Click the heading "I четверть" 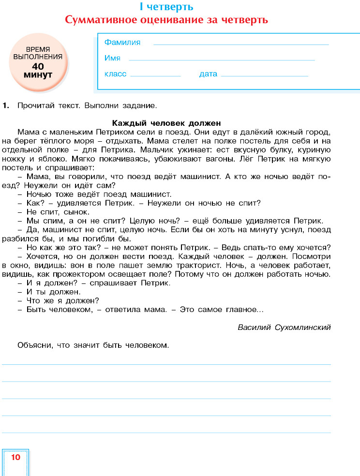pyautogui.click(x=166, y=7)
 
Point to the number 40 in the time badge pyautogui.click(x=38, y=66)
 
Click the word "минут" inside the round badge pyautogui.click(x=38, y=75)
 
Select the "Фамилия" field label pyautogui.click(x=122, y=43)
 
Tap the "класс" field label pyautogui.click(x=115, y=74)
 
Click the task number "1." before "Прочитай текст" pyautogui.click(x=6, y=105)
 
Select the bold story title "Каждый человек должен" pyautogui.click(x=166, y=123)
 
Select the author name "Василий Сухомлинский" pyautogui.click(x=284, y=327)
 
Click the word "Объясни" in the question pyautogui.click(x=32, y=345)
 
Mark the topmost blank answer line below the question pyautogui.click(x=166, y=364)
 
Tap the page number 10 pyautogui.click(x=15, y=457)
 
